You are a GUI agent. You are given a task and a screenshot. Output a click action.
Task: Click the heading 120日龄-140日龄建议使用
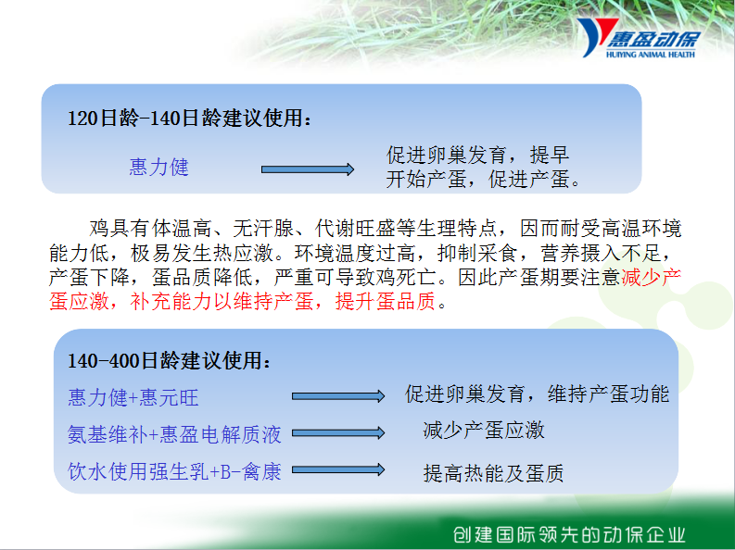click(x=189, y=118)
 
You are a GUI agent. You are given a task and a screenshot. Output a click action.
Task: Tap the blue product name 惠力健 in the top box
click(x=158, y=167)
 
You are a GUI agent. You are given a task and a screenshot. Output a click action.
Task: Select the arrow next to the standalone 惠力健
click(x=308, y=169)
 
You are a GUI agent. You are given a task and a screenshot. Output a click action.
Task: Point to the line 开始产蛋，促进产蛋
click(x=483, y=179)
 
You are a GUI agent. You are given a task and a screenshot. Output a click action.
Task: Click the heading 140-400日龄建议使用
click(x=170, y=361)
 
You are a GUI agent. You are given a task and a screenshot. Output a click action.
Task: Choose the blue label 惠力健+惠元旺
click(x=133, y=398)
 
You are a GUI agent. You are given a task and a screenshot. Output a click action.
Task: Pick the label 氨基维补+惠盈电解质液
click(x=174, y=434)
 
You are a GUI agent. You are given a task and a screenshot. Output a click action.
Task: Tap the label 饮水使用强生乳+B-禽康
click(x=174, y=471)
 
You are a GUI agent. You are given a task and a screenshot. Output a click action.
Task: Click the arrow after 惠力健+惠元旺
click(x=338, y=396)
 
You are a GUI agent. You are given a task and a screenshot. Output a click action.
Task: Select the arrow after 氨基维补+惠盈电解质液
click(x=338, y=433)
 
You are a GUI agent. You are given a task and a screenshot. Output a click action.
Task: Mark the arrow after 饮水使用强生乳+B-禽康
click(x=338, y=469)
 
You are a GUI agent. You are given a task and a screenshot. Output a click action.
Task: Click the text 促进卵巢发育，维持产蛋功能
click(x=538, y=394)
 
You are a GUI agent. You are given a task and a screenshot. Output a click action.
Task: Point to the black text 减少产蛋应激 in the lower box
click(x=484, y=431)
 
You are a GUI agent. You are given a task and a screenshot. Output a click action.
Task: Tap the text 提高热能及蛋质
click(x=493, y=473)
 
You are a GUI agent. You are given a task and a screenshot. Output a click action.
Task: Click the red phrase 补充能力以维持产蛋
click(x=222, y=301)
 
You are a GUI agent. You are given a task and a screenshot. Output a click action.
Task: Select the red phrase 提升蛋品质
click(x=386, y=301)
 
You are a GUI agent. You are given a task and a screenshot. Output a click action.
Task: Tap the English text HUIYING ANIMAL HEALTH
click(x=650, y=55)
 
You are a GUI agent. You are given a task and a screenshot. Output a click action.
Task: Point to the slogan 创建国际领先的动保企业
click(x=569, y=534)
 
